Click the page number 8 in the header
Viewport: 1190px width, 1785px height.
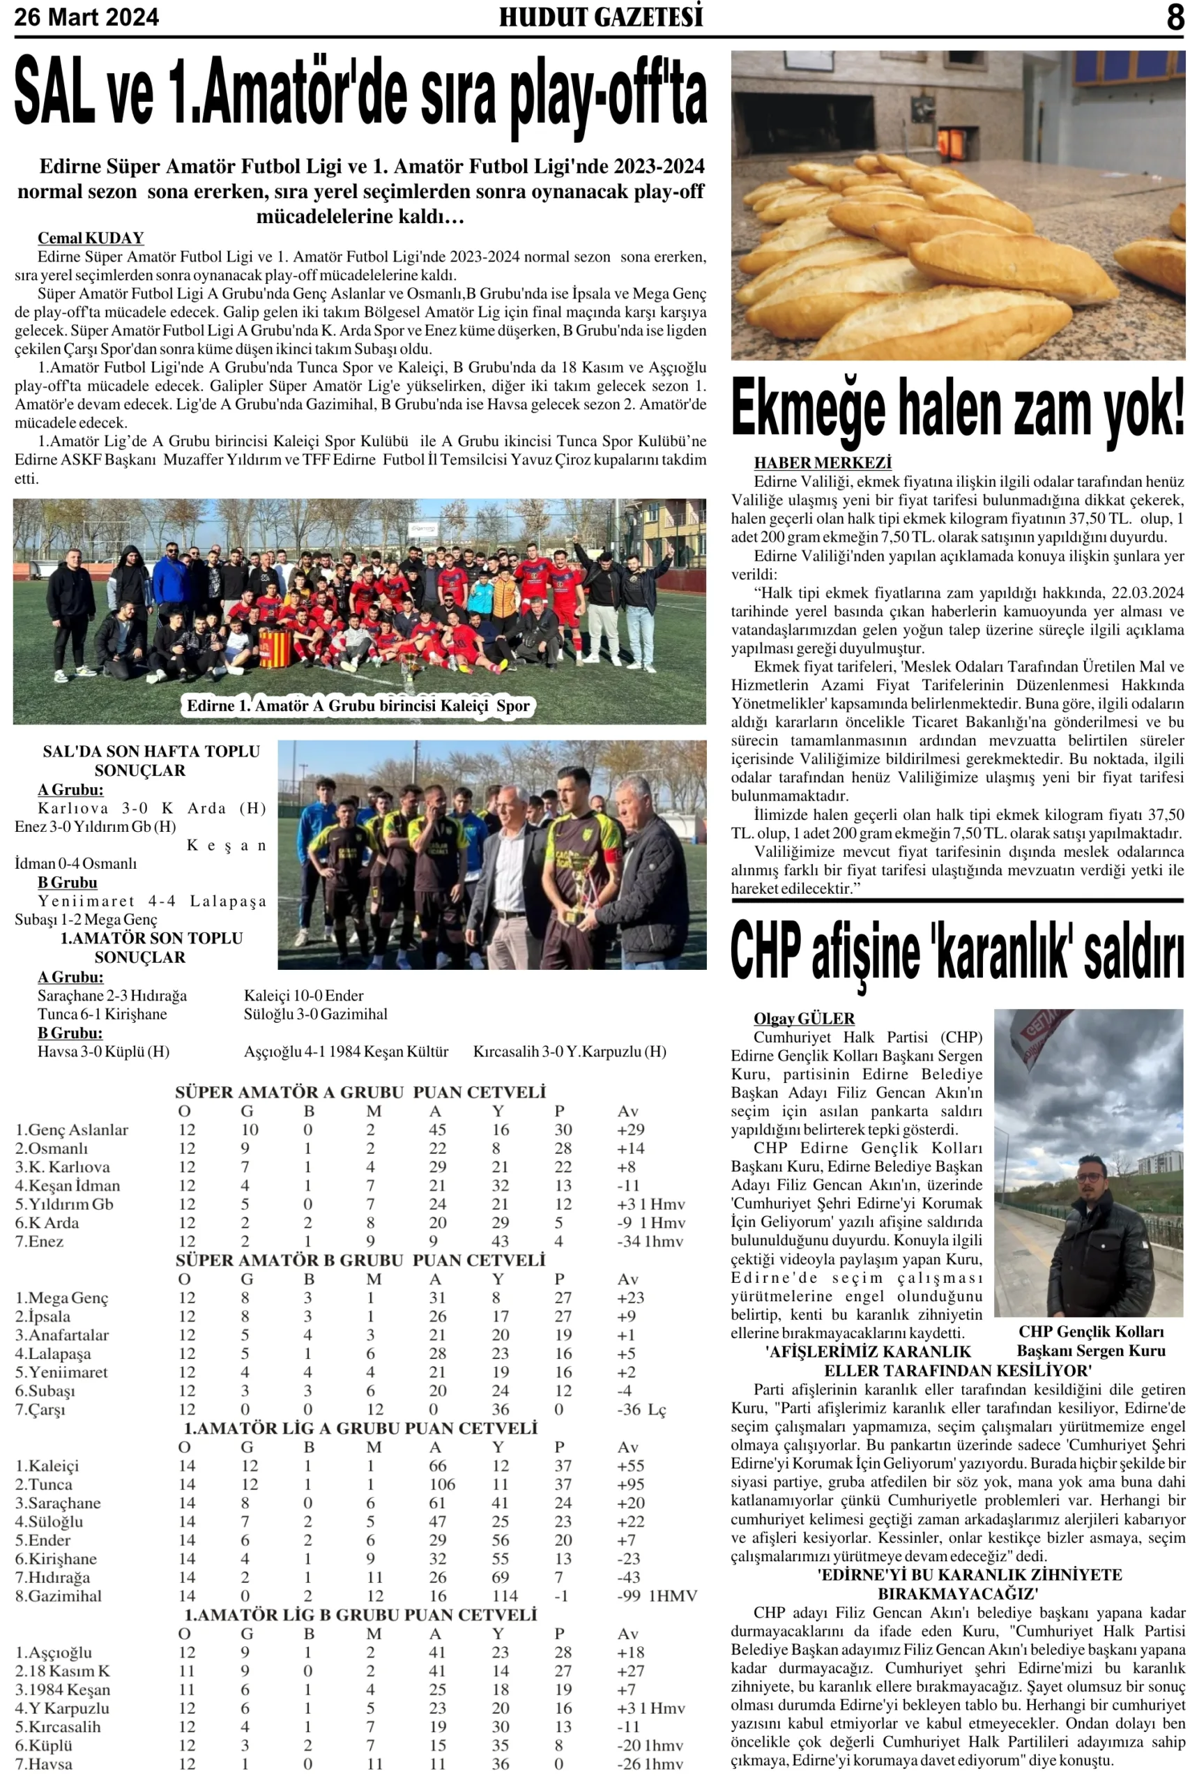[x=1175, y=17]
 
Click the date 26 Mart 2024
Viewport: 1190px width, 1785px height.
[x=86, y=17]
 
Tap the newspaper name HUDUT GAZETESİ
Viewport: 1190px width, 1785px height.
[x=600, y=17]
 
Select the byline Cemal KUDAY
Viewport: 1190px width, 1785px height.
[x=91, y=238]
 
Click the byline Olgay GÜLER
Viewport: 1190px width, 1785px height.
[x=804, y=1019]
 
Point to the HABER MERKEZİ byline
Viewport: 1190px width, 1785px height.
[x=823, y=463]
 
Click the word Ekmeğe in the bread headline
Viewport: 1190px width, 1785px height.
[x=807, y=410]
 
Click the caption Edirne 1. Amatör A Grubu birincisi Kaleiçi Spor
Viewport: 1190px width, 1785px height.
[x=358, y=706]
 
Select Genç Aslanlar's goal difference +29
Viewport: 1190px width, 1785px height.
[x=631, y=1130]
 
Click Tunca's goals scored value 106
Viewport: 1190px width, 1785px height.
[x=442, y=1484]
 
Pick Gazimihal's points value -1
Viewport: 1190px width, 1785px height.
[x=561, y=1596]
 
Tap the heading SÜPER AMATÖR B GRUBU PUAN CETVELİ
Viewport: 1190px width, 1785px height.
[x=360, y=1261]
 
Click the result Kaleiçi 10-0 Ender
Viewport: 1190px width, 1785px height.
[x=303, y=996]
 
